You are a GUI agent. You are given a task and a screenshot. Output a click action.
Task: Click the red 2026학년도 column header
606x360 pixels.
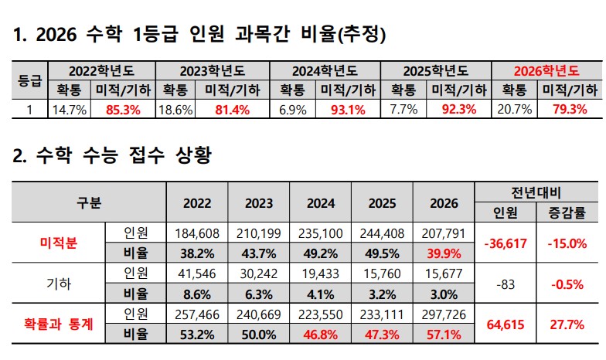(546, 70)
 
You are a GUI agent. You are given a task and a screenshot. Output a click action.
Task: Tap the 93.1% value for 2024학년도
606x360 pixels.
(347, 109)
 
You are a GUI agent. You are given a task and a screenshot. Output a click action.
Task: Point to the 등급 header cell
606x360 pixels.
(29, 80)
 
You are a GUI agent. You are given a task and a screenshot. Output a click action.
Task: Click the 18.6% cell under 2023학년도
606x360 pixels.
(175, 109)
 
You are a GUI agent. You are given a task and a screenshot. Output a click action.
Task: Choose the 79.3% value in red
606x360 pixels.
(569, 109)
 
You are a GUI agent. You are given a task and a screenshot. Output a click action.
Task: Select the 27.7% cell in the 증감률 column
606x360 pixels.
(568, 324)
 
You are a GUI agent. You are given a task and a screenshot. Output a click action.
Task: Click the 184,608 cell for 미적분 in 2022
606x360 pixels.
(198, 233)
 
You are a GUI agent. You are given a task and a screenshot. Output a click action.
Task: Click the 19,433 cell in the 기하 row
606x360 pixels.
(321, 273)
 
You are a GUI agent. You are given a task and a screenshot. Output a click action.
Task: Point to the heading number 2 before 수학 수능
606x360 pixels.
(19, 156)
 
